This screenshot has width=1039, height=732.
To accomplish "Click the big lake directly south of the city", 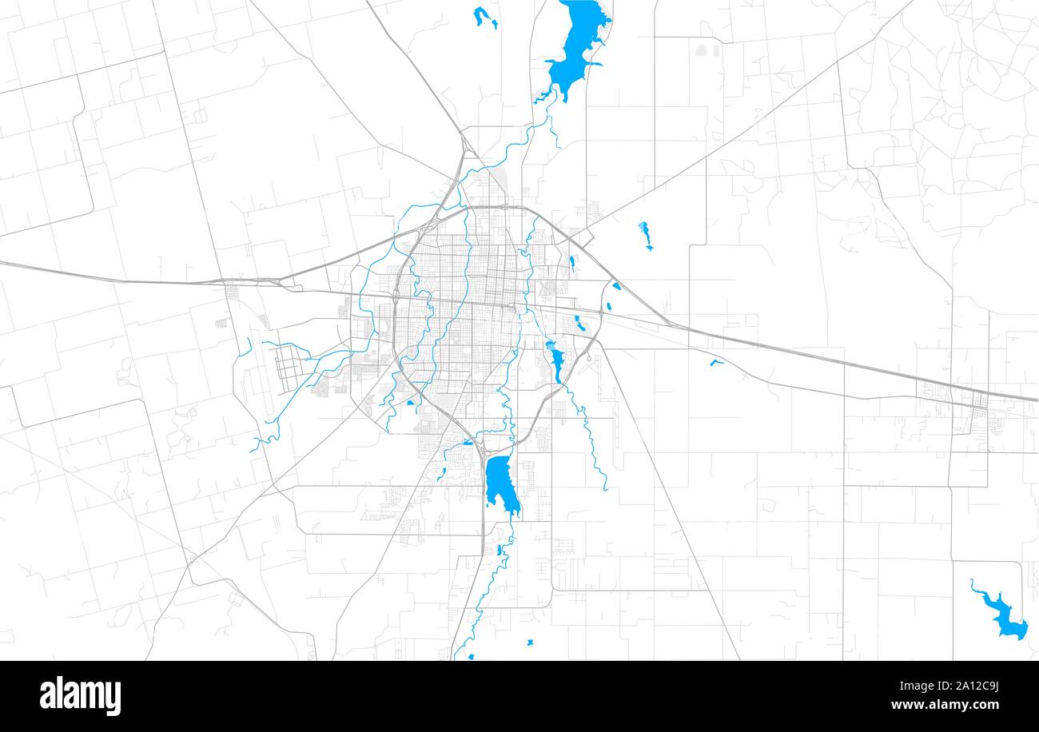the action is click(499, 481).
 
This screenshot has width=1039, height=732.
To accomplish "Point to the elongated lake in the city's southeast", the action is click(555, 361).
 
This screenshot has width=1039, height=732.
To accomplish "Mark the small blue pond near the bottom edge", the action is click(530, 642).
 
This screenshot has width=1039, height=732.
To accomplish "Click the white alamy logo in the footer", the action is click(80, 695).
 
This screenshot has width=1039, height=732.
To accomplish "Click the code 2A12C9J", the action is click(967, 686).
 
